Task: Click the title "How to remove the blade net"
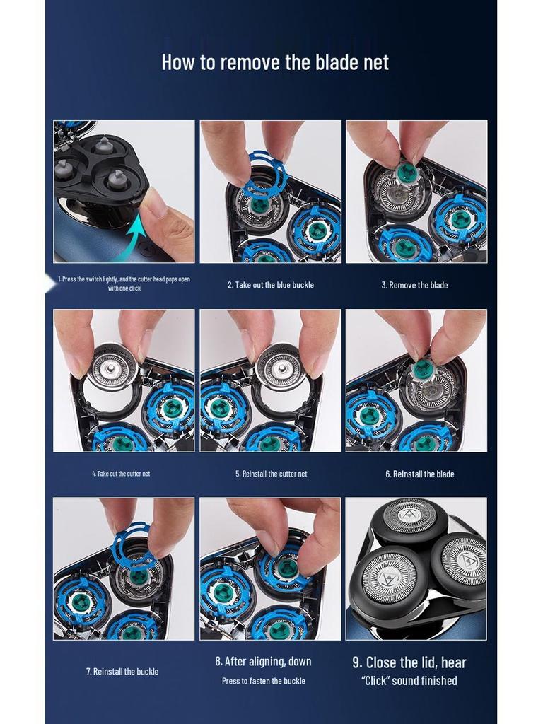point(275,62)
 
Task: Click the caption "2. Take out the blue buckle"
point(271,285)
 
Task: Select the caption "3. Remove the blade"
point(414,285)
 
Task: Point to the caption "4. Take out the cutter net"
point(121,474)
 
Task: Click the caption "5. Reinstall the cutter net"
point(271,474)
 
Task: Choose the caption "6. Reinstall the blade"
point(420,474)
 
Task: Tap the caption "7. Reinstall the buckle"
point(122,672)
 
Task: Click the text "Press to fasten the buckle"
point(263,681)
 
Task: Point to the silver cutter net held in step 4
point(112,367)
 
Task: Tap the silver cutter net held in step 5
point(280,367)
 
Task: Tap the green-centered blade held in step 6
point(423,369)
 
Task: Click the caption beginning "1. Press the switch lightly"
point(124,284)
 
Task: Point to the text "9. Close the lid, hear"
point(409,662)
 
